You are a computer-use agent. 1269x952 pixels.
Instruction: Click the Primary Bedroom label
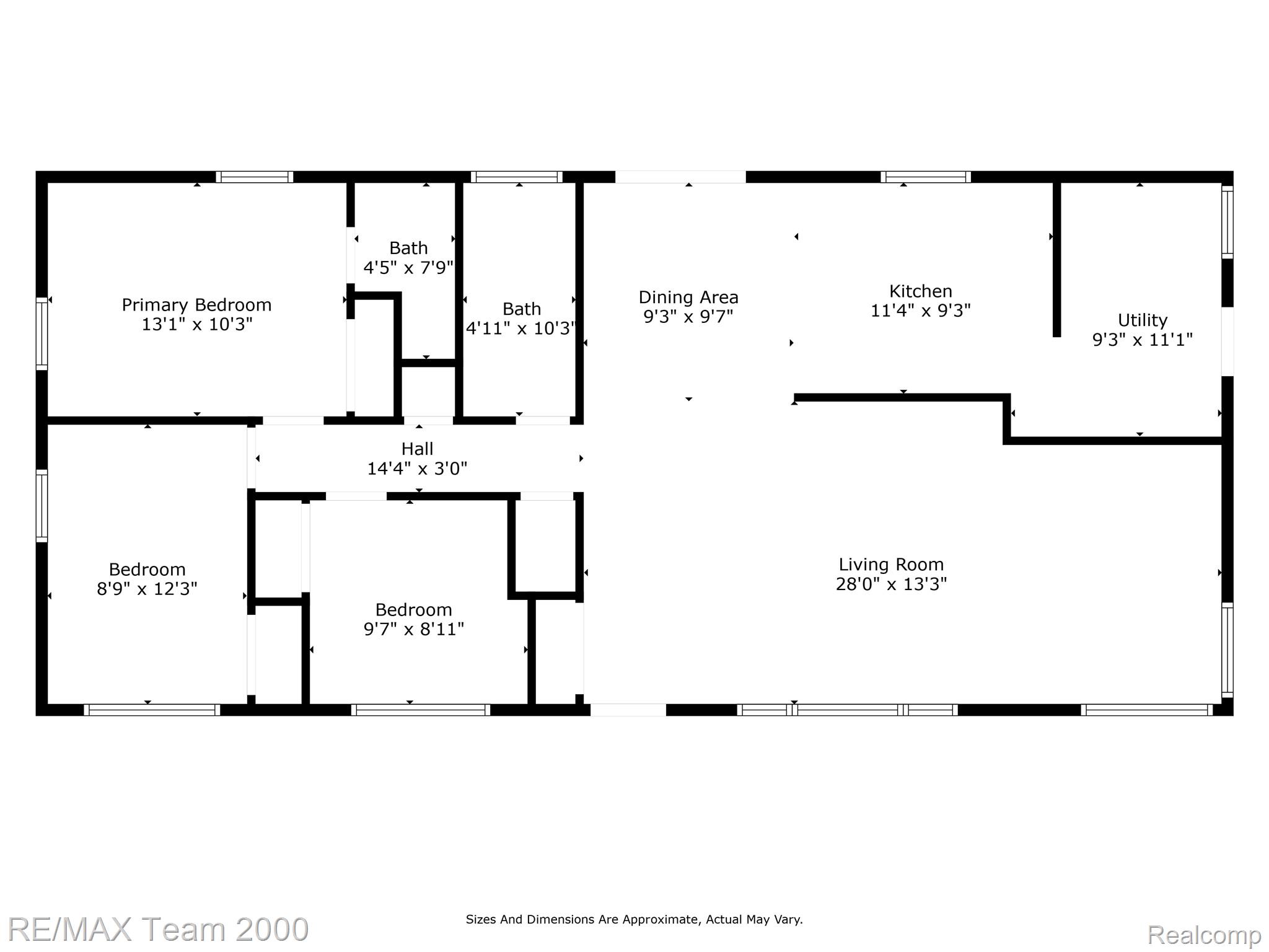tap(196, 305)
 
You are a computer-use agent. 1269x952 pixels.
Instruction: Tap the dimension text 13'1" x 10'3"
tap(197, 324)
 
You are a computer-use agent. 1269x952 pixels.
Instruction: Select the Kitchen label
tap(920, 291)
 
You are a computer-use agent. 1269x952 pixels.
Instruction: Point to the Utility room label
tap(1142, 320)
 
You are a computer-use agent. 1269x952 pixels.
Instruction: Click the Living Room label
tap(891, 565)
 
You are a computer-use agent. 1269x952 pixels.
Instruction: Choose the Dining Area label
tap(688, 297)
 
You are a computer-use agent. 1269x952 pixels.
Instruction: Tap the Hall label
tap(417, 449)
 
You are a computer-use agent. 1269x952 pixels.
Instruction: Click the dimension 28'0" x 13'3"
tap(891, 584)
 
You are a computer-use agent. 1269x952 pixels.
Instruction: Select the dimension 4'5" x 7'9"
tap(408, 268)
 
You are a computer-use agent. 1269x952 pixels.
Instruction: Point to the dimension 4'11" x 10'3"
tap(521, 328)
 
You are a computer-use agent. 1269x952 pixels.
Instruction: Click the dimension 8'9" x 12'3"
tap(147, 588)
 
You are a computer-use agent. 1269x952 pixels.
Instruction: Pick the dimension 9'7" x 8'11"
tap(413, 629)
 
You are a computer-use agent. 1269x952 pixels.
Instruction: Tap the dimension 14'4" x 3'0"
tap(417, 468)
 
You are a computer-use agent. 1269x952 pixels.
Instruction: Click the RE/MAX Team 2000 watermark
tap(159, 929)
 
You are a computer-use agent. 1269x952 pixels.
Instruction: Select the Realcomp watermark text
tap(1205, 935)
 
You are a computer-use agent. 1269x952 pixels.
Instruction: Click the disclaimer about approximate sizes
tap(634, 919)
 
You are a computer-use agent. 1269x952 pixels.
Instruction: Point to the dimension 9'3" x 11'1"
tap(1142, 340)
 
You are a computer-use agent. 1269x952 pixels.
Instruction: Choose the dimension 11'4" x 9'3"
tap(920, 311)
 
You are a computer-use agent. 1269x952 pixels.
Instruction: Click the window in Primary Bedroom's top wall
tap(255, 177)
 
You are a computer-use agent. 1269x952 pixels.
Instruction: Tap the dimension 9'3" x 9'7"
tap(688, 317)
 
